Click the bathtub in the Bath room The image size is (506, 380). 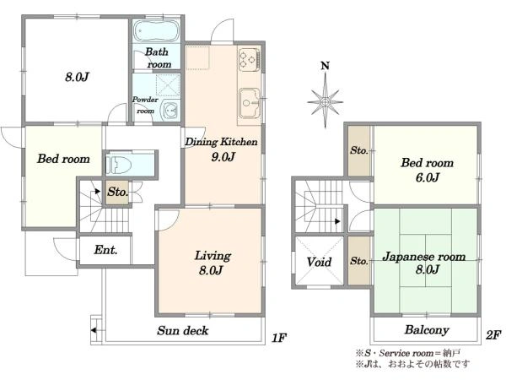(156, 31)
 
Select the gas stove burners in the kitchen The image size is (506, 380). (250, 60)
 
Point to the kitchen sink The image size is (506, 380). (250, 103)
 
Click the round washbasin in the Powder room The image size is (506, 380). (170, 111)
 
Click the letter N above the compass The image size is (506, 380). (326, 66)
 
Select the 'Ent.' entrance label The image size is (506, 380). (105, 250)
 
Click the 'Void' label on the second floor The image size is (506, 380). (319, 262)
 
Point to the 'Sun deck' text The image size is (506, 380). (183, 330)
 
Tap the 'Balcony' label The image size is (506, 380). (427, 330)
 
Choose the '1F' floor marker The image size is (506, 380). (279, 338)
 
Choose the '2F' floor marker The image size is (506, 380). (493, 335)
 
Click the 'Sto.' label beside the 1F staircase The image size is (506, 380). (118, 192)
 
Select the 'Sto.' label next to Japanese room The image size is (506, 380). (359, 260)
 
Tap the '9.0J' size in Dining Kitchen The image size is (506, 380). (223, 157)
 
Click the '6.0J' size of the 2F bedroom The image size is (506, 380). (428, 177)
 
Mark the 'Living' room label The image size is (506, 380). (213, 256)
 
